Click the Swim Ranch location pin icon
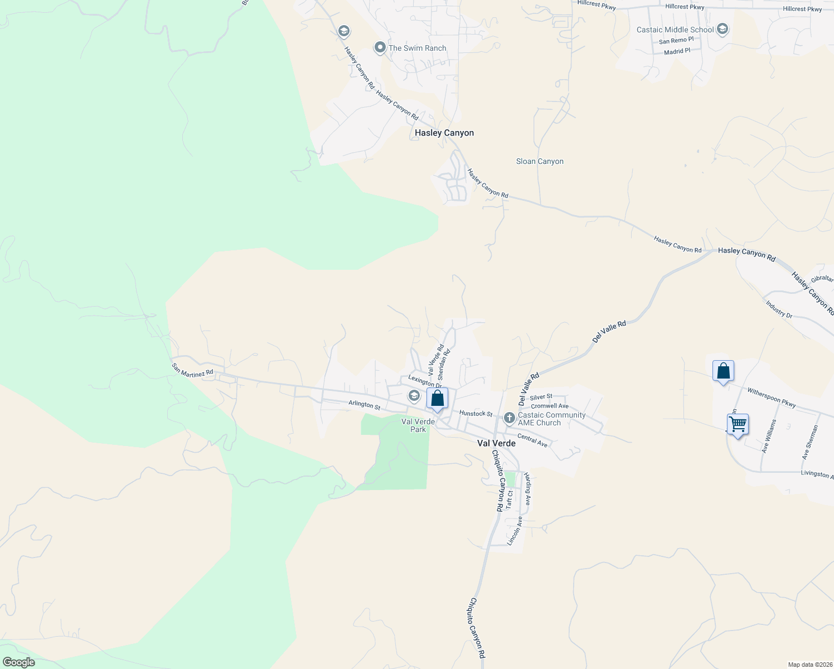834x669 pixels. click(x=380, y=48)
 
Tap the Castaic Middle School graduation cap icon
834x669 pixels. click(x=723, y=29)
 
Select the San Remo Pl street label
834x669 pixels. click(x=676, y=41)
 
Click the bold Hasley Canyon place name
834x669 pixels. click(x=444, y=133)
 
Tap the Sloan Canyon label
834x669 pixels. click(x=540, y=161)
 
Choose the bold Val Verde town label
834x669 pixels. click(x=496, y=444)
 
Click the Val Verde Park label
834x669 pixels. click(x=418, y=425)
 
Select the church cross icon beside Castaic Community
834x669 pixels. click(x=509, y=418)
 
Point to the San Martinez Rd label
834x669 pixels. click(x=192, y=370)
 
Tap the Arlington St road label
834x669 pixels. click(x=364, y=405)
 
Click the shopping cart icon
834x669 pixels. click(x=738, y=424)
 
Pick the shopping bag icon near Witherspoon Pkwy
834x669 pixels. click(x=723, y=371)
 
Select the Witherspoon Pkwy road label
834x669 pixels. click(x=772, y=397)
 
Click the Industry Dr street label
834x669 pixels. click(x=779, y=309)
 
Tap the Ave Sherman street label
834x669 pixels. click(x=810, y=443)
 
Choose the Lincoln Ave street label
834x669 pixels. click(x=515, y=530)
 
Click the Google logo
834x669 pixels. click(x=18, y=662)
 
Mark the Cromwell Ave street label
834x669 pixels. click(x=550, y=406)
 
